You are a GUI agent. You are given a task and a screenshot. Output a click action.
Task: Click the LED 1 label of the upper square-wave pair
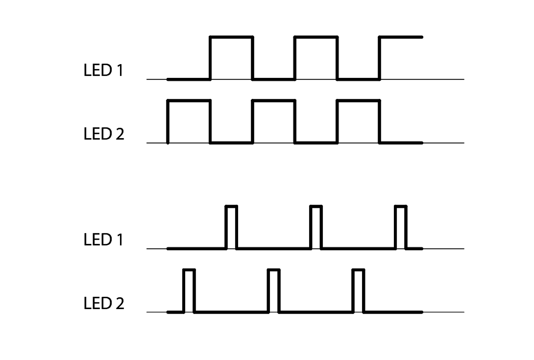[103, 71]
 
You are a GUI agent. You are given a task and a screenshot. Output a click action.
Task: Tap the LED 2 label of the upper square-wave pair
[104, 134]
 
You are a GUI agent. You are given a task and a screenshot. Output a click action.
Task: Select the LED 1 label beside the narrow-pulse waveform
[103, 240]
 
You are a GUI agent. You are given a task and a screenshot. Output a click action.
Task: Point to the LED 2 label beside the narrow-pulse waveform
[104, 304]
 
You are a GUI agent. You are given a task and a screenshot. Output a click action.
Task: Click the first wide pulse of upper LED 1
[231, 58]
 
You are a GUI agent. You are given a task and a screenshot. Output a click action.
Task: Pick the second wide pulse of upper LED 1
[316, 58]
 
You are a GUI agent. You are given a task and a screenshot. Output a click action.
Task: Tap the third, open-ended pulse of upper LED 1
[400, 58]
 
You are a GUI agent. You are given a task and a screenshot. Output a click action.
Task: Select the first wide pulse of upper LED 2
[189, 121]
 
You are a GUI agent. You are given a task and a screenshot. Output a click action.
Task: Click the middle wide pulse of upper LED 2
[274, 121]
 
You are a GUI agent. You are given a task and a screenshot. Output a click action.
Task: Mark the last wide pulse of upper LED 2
[358, 121]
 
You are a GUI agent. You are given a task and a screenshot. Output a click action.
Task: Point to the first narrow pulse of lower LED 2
[189, 290]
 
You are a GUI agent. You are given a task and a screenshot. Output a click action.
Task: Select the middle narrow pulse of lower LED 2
[274, 290]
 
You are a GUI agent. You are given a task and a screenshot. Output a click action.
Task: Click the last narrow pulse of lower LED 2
[359, 290]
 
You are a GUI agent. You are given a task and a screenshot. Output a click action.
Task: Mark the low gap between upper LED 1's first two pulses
[274, 79]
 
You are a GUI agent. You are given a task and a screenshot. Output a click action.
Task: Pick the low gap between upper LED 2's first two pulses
[231, 143]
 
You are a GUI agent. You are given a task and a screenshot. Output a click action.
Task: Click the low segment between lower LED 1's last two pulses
[358, 248]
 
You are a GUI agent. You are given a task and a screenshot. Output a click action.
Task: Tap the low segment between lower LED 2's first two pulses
[231, 312]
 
